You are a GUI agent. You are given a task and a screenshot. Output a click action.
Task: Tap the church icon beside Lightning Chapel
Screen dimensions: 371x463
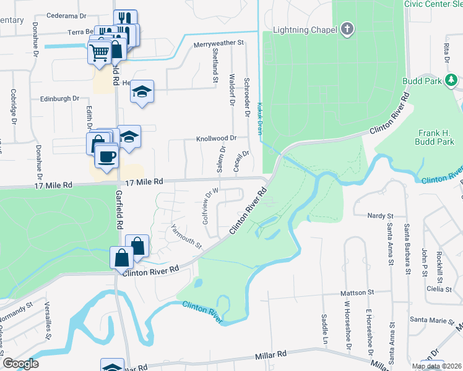pyautogui.click(x=348, y=29)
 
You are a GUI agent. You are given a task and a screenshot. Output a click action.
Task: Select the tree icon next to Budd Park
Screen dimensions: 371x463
pyautogui.click(x=452, y=80)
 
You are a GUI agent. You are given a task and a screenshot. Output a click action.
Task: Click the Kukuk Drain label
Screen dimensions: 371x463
pyautogui.click(x=260, y=116)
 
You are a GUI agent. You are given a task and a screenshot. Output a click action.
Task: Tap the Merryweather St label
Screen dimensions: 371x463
pyautogui.click(x=219, y=44)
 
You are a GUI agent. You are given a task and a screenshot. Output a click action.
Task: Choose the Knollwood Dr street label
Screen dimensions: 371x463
pyautogui.click(x=217, y=139)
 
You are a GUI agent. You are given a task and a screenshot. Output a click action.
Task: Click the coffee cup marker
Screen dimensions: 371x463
pyautogui.click(x=107, y=156)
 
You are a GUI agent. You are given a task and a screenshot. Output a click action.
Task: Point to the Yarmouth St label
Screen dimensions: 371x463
pyautogui.click(x=187, y=236)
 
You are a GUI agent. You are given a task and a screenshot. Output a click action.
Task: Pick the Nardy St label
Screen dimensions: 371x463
pyautogui.click(x=381, y=216)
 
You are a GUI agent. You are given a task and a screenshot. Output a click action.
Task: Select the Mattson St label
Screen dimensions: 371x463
pyautogui.click(x=358, y=292)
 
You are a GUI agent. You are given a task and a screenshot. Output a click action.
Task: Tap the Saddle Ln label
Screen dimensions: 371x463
pyautogui.click(x=324, y=322)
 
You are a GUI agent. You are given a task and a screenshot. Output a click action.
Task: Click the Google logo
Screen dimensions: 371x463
pyautogui.click(x=20, y=364)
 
